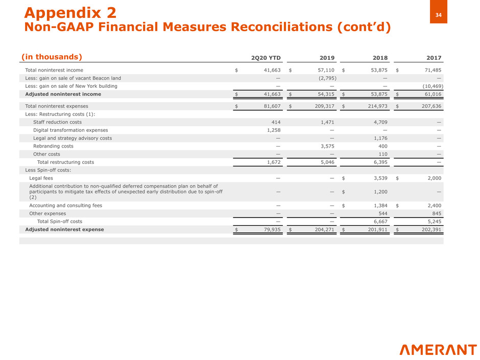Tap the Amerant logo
pos(438,350)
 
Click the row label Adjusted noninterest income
pos(63,94)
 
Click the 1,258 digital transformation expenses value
pos(272,130)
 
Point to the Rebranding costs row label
pos(53,146)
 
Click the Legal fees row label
pos(41,178)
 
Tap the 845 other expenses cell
pos(436,213)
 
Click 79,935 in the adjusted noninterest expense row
pos(269,229)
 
